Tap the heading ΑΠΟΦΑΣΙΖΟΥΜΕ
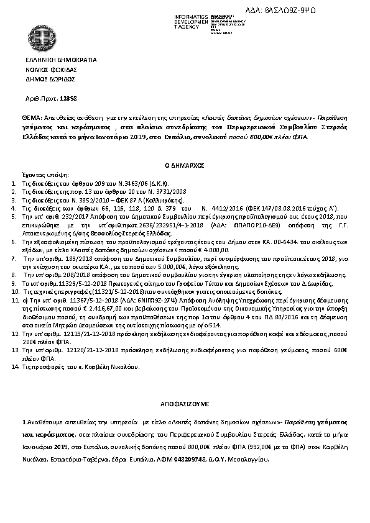pyautogui.click(x=184, y=402)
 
